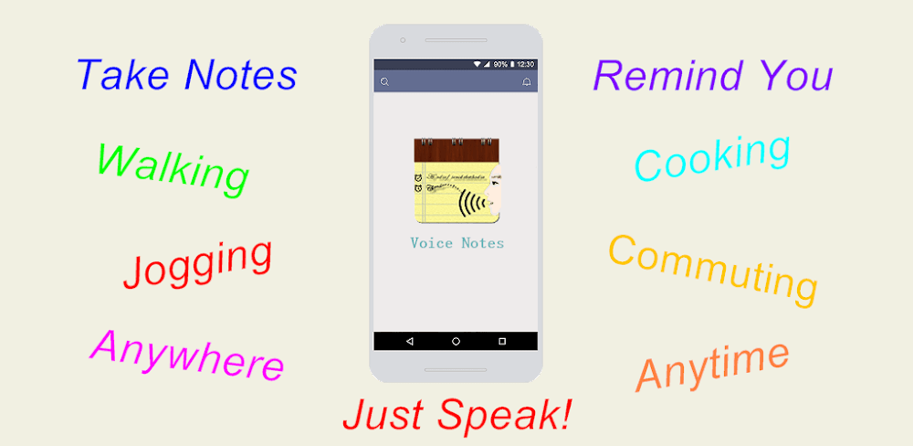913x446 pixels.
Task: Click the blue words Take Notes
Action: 187,75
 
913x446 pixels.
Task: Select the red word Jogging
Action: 198,264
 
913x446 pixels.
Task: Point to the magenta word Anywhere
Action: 187,355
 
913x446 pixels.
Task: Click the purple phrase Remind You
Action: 712,76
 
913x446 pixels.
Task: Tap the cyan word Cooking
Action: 712,158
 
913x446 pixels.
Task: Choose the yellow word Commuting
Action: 713,267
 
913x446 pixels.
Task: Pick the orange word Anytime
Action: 712,365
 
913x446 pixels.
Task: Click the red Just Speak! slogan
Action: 457,415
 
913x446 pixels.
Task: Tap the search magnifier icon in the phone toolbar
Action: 385,82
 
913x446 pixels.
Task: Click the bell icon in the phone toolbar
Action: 527,82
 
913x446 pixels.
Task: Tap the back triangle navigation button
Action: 409,341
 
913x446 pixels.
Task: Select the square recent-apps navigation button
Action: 502,341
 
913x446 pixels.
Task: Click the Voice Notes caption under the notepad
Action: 456,243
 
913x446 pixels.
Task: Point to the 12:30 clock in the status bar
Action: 525,65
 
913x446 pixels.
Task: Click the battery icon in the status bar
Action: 511,65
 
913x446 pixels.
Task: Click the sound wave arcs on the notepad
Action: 470,201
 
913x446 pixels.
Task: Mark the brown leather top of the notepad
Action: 456,150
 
